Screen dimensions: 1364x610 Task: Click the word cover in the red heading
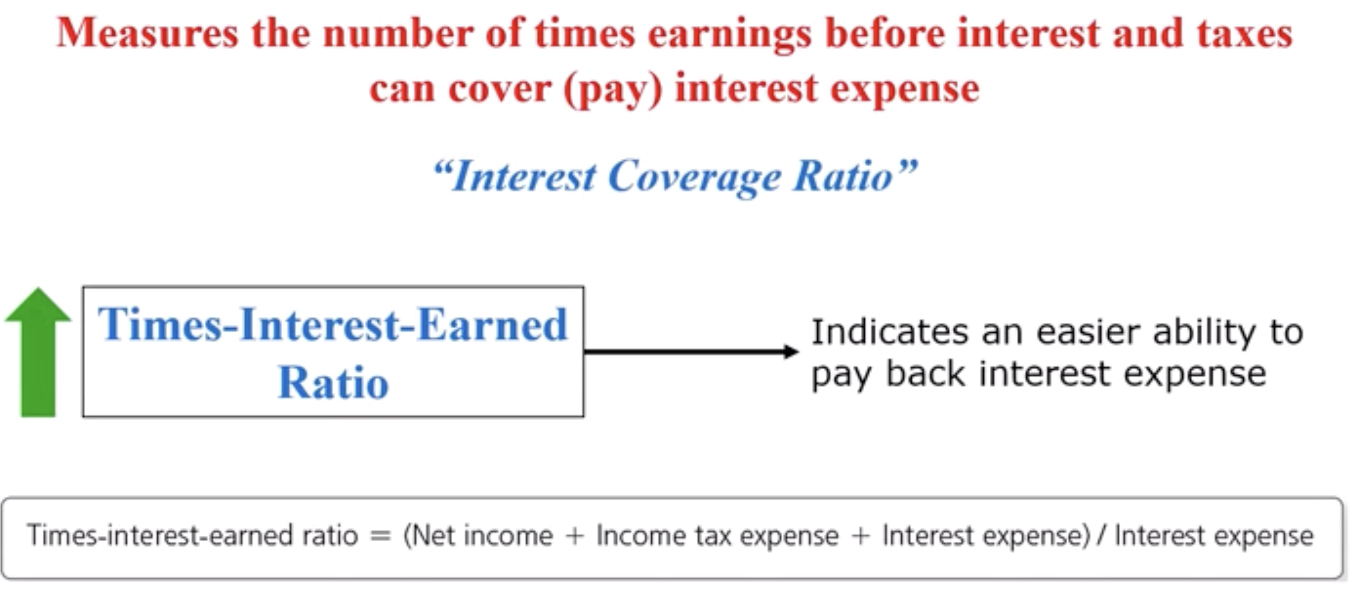(499, 90)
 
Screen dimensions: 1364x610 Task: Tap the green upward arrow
(38, 352)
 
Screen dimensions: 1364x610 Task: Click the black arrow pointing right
(691, 351)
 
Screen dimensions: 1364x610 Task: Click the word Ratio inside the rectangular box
(333, 383)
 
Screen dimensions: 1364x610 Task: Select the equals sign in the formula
(380, 536)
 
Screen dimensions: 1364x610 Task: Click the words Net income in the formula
(478, 535)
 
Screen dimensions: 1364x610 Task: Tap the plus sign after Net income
(574, 536)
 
